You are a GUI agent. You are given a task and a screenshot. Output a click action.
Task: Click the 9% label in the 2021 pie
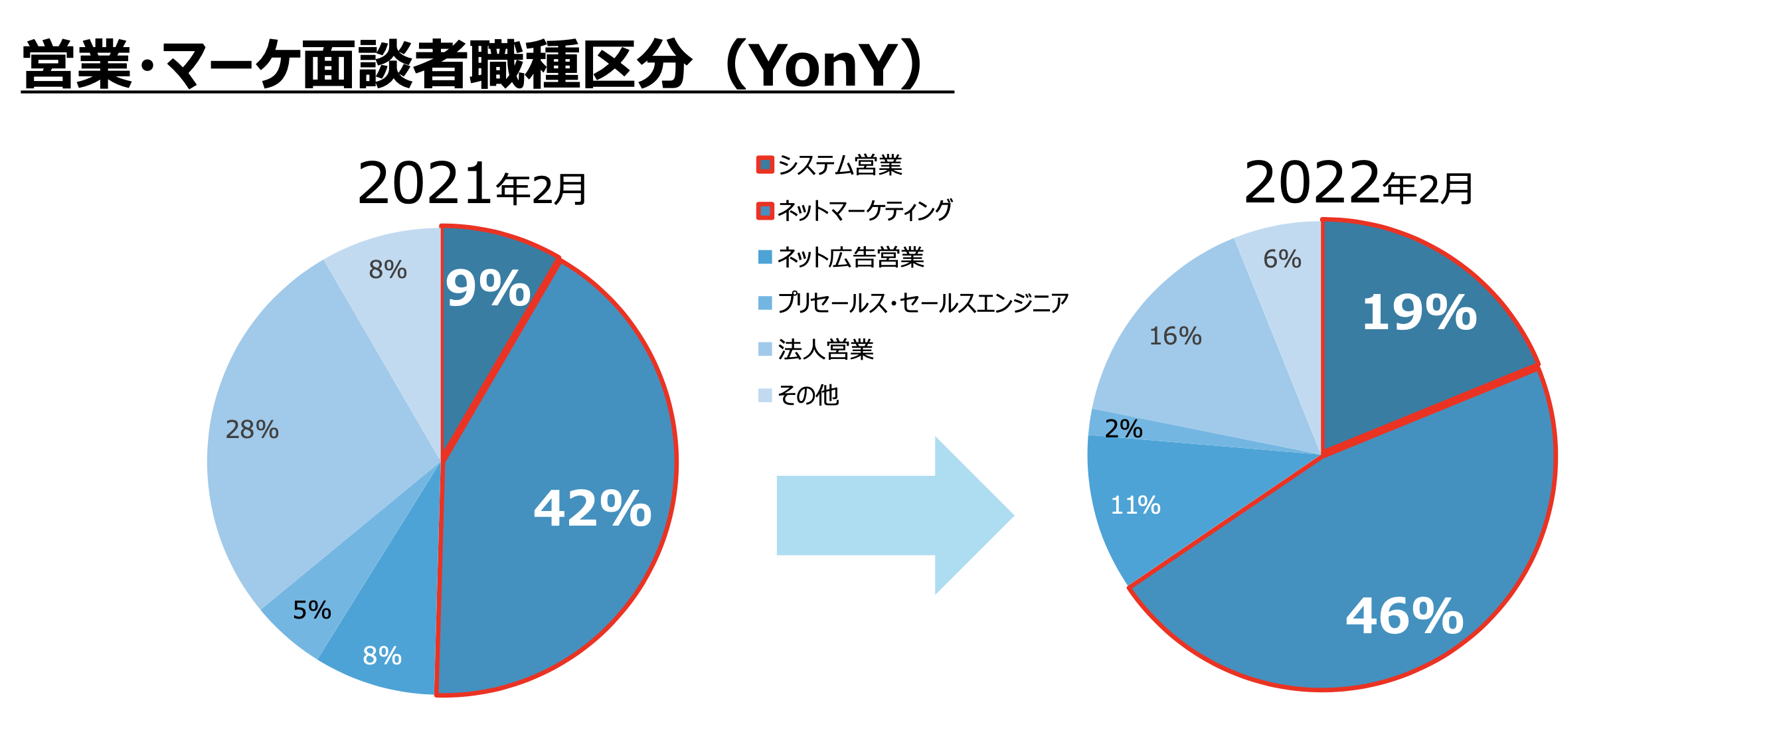pyautogui.click(x=487, y=288)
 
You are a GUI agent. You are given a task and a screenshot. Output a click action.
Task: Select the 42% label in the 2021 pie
pyautogui.click(x=592, y=508)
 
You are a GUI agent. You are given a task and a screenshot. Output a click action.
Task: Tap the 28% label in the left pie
pyautogui.click(x=252, y=429)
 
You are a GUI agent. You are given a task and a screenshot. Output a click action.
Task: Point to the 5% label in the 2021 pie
pyautogui.click(x=311, y=610)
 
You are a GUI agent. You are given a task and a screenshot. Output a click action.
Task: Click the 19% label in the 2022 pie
pyautogui.click(x=1418, y=313)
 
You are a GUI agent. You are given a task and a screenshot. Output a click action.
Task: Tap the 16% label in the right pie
pyautogui.click(x=1175, y=336)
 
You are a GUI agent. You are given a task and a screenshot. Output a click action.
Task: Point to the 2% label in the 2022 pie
pyautogui.click(x=1123, y=429)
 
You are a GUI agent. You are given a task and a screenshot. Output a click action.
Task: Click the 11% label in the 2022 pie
pyautogui.click(x=1136, y=506)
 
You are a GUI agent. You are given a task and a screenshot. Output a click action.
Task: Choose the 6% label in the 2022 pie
pyautogui.click(x=1282, y=259)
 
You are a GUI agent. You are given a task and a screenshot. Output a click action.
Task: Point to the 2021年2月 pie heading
pyautogui.click(x=471, y=185)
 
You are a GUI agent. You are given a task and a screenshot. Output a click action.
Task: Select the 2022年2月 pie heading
pyautogui.click(x=1358, y=185)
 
